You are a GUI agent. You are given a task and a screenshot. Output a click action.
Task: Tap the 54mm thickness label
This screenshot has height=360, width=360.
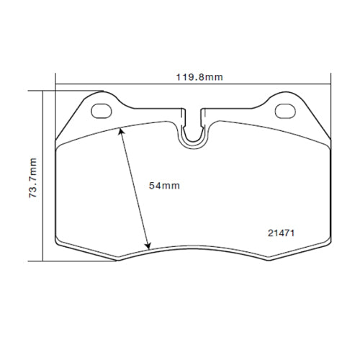pos(163,186)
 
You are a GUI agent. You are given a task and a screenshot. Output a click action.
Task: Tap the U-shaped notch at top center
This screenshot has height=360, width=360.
pos(192,130)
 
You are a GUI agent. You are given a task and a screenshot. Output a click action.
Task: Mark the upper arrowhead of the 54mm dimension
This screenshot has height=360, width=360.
pos(121,130)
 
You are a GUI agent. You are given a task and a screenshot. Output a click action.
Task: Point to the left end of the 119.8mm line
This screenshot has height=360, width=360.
pos(56,82)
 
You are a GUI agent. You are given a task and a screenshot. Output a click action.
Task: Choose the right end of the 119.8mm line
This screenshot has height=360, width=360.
pos(330,82)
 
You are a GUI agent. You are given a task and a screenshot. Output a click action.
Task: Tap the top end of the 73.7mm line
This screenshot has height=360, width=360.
pos(42,91)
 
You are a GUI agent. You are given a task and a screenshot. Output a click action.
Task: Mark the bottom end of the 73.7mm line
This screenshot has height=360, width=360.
pos(42,261)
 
